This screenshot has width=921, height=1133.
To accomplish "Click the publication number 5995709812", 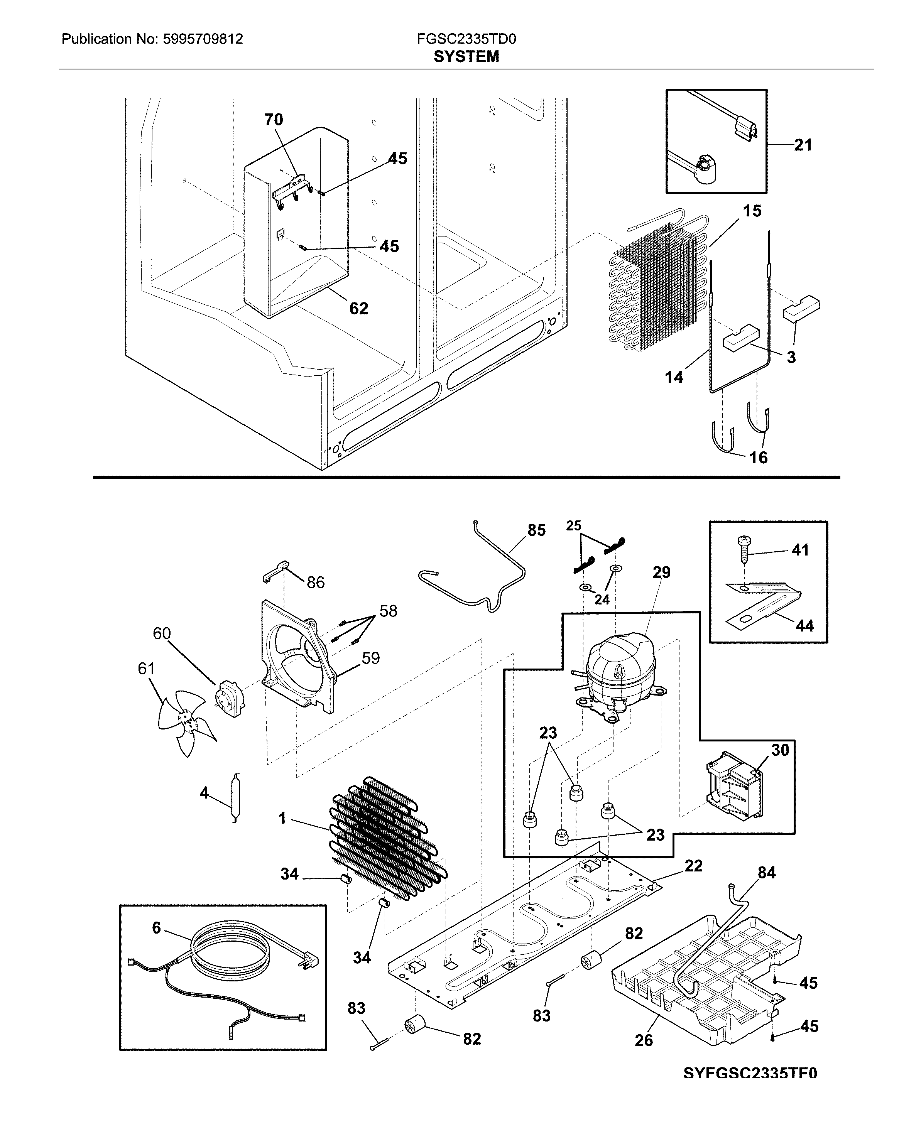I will pyautogui.click(x=201, y=39).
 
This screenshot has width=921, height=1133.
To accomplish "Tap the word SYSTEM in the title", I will pyautogui.click(x=466, y=56).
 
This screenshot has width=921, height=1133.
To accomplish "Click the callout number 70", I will pyautogui.click(x=274, y=120).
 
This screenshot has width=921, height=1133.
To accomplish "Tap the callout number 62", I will pyautogui.click(x=359, y=308).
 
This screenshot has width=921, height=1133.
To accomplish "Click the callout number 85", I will pyautogui.click(x=536, y=530).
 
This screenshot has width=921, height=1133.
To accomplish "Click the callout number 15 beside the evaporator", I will pyautogui.click(x=752, y=211).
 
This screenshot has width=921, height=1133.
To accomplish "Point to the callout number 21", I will pyautogui.click(x=803, y=145).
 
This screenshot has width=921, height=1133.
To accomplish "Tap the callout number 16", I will pyautogui.click(x=758, y=457).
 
